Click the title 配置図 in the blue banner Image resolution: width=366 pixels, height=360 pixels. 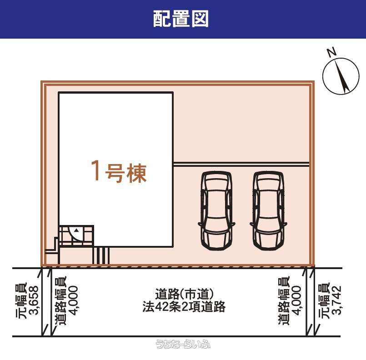pos(180,19)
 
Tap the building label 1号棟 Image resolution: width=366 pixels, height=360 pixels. pos(119,171)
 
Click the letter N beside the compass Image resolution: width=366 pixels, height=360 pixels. pos(332,52)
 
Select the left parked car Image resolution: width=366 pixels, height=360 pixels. pos(216,211)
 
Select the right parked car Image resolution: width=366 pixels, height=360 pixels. pos(268,211)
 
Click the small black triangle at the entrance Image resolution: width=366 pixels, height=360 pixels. pos(76,230)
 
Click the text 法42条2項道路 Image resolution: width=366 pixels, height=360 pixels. pos(184,306)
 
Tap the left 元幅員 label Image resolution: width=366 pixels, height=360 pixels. pos(21,301)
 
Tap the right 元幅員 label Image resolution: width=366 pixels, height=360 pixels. pos(324,300)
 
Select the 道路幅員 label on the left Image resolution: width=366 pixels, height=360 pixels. pos(60,301)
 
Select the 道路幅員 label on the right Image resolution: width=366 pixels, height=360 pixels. pos(284,300)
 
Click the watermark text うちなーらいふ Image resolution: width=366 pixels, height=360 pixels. pos(183,344)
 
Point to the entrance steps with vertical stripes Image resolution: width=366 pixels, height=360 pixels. pos(101,255)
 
